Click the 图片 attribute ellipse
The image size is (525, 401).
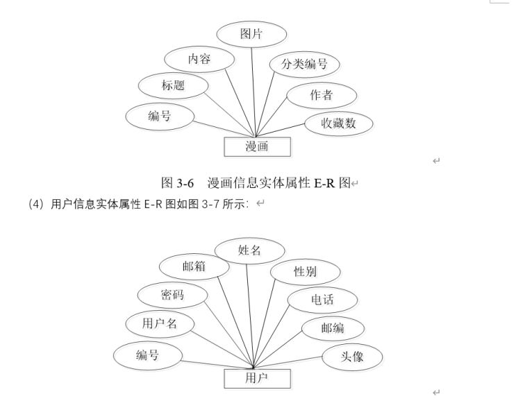click(x=251, y=34)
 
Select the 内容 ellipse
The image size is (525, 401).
click(x=199, y=59)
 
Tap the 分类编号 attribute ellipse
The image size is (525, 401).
click(x=304, y=66)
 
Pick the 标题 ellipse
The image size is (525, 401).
click(x=173, y=86)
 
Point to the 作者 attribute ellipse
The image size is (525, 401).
click(x=322, y=96)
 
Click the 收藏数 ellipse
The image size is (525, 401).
click(x=339, y=123)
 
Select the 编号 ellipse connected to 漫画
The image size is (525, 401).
click(x=159, y=117)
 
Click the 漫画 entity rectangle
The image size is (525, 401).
click(x=257, y=146)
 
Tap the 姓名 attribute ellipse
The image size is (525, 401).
click(x=249, y=250)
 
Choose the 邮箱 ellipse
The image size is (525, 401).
click(x=194, y=266)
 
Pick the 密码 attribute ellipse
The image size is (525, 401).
click(x=172, y=296)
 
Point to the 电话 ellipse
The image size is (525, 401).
click(x=322, y=300)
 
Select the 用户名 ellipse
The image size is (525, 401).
click(x=160, y=323)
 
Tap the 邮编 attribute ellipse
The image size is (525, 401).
click(x=332, y=328)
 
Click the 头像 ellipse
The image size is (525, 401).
click(x=352, y=357)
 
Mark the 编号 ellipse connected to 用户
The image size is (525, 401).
click(x=147, y=356)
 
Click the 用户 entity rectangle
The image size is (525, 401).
click(x=257, y=378)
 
